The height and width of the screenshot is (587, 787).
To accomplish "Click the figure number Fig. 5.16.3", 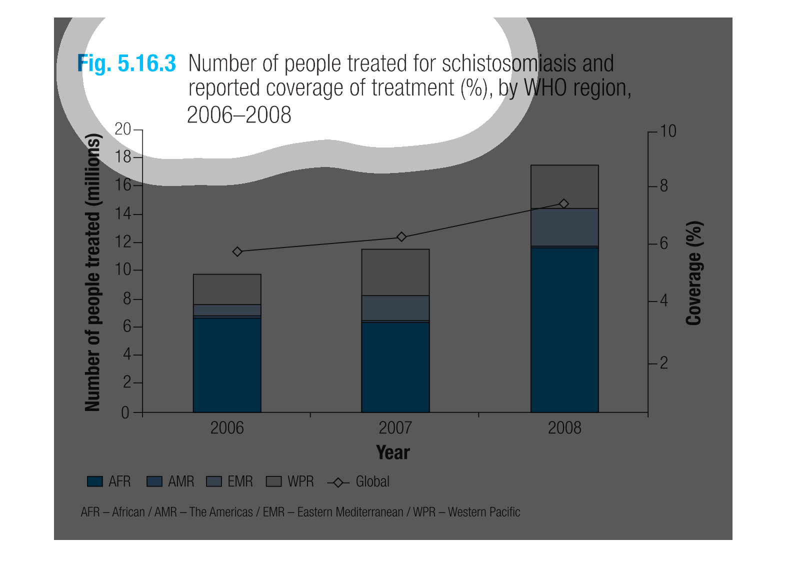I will (126, 64).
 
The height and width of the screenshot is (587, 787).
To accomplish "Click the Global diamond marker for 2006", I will (237, 251).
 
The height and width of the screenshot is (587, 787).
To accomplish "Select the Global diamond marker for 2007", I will (401, 236).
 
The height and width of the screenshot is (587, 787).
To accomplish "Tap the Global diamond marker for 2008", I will (564, 203).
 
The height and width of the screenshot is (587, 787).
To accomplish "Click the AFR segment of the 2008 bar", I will (564, 330).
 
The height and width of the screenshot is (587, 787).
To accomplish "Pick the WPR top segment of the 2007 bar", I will (395, 272).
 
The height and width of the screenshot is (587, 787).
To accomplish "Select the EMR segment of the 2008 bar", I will (564, 227).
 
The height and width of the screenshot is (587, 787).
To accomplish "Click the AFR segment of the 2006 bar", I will (227, 365).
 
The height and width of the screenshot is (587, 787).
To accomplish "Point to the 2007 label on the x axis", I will (395, 428).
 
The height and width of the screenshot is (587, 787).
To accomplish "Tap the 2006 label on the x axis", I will (227, 428).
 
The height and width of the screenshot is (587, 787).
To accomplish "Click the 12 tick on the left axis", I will (123, 242).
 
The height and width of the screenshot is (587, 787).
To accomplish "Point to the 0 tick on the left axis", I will (125, 412).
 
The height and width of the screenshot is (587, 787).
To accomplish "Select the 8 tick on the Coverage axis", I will (663, 186).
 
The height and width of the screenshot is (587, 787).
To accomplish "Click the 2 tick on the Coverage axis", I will (663, 363).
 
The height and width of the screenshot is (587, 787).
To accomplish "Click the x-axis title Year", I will (393, 452).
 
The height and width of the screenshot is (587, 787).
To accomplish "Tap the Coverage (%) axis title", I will (694, 273).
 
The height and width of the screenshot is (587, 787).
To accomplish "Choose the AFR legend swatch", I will (95, 481).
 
